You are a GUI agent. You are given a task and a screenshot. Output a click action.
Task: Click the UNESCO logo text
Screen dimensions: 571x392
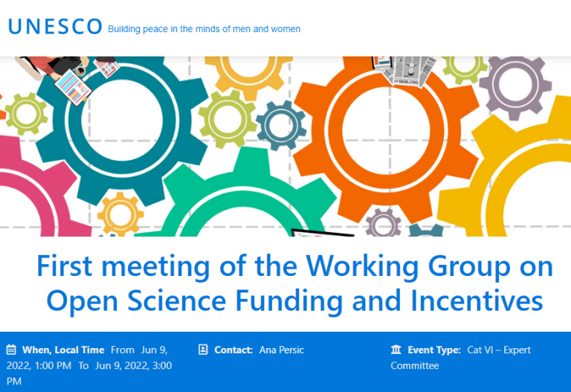55,26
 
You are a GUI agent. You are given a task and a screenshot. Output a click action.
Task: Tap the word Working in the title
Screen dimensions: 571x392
362,266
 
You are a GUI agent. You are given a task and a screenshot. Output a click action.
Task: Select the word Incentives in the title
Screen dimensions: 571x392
477,301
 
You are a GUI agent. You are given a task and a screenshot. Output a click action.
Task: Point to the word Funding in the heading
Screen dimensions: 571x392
289,301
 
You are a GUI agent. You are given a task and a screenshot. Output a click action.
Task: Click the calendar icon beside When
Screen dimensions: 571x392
11,350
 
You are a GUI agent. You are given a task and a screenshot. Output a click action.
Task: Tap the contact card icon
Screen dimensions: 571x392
203,350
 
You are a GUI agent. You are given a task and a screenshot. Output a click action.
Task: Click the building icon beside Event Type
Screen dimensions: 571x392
396,350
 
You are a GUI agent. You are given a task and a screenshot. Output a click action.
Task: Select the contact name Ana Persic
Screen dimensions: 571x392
282,350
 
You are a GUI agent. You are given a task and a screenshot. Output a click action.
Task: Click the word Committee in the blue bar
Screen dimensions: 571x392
415,366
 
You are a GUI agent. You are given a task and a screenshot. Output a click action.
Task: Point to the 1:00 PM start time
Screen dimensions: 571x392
54,366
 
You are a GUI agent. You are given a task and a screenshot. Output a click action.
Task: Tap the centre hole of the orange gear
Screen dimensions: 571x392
386,131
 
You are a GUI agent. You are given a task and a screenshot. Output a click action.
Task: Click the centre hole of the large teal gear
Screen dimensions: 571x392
122,121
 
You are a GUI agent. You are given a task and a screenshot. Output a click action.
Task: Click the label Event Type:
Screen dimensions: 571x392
434,350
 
